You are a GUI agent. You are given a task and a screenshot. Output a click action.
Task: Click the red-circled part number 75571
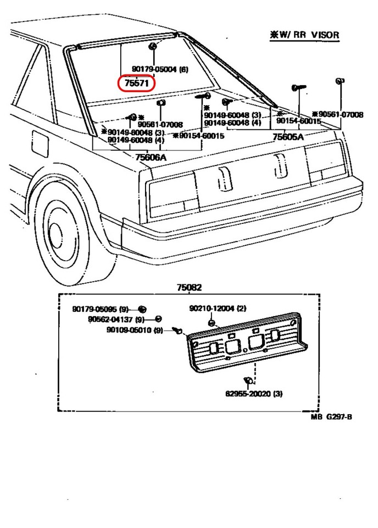tap(137, 84)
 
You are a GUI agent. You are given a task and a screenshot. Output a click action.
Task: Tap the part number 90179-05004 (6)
tap(160, 69)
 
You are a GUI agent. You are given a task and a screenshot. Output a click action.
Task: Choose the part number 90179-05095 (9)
tap(102, 309)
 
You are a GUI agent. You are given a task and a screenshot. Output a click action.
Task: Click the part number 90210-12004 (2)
tap(218, 309)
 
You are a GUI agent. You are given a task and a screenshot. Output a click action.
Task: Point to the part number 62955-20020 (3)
tap(254, 393)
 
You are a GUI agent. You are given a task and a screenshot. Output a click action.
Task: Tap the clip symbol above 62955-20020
tap(247, 380)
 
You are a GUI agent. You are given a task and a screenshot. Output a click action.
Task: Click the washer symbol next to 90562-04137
tap(158, 319)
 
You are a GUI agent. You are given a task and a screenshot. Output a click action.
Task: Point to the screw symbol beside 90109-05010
tap(177, 330)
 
